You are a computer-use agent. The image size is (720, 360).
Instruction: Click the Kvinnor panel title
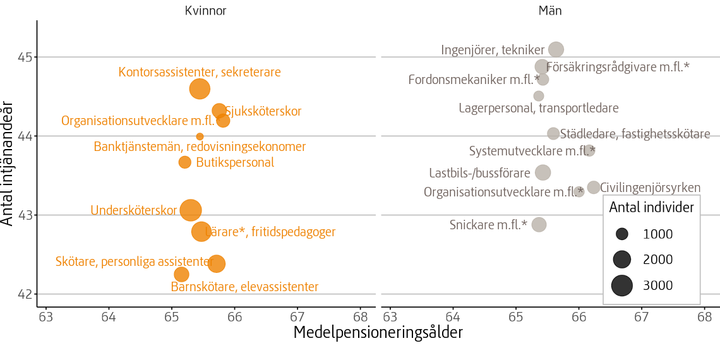[x=205, y=10]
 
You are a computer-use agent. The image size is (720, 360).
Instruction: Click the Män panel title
[x=550, y=10]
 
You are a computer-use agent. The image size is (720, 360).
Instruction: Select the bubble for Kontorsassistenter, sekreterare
[x=200, y=89]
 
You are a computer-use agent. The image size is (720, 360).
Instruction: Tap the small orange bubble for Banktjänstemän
[x=200, y=136]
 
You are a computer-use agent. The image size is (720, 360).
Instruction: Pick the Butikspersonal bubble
[x=184, y=162]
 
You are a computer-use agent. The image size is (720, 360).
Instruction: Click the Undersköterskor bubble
[x=191, y=210]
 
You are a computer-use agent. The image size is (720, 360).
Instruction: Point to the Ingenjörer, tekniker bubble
[x=556, y=49]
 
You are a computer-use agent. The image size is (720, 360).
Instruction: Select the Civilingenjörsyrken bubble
[x=593, y=188]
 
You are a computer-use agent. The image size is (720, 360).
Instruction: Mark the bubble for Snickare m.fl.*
[x=539, y=225]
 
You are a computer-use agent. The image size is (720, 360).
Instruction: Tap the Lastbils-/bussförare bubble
[x=543, y=172]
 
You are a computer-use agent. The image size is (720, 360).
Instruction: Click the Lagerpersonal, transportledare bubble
[x=538, y=96]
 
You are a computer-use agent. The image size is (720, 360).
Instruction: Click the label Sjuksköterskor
[x=263, y=112]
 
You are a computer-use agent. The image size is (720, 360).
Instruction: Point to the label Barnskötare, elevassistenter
[x=244, y=287]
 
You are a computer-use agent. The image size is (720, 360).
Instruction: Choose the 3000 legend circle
[x=622, y=285]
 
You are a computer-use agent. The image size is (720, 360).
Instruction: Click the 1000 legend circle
[x=622, y=234]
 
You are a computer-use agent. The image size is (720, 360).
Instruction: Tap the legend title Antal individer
[x=651, y=207]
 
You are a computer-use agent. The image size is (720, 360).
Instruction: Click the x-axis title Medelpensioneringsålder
[x=378, y=333]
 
